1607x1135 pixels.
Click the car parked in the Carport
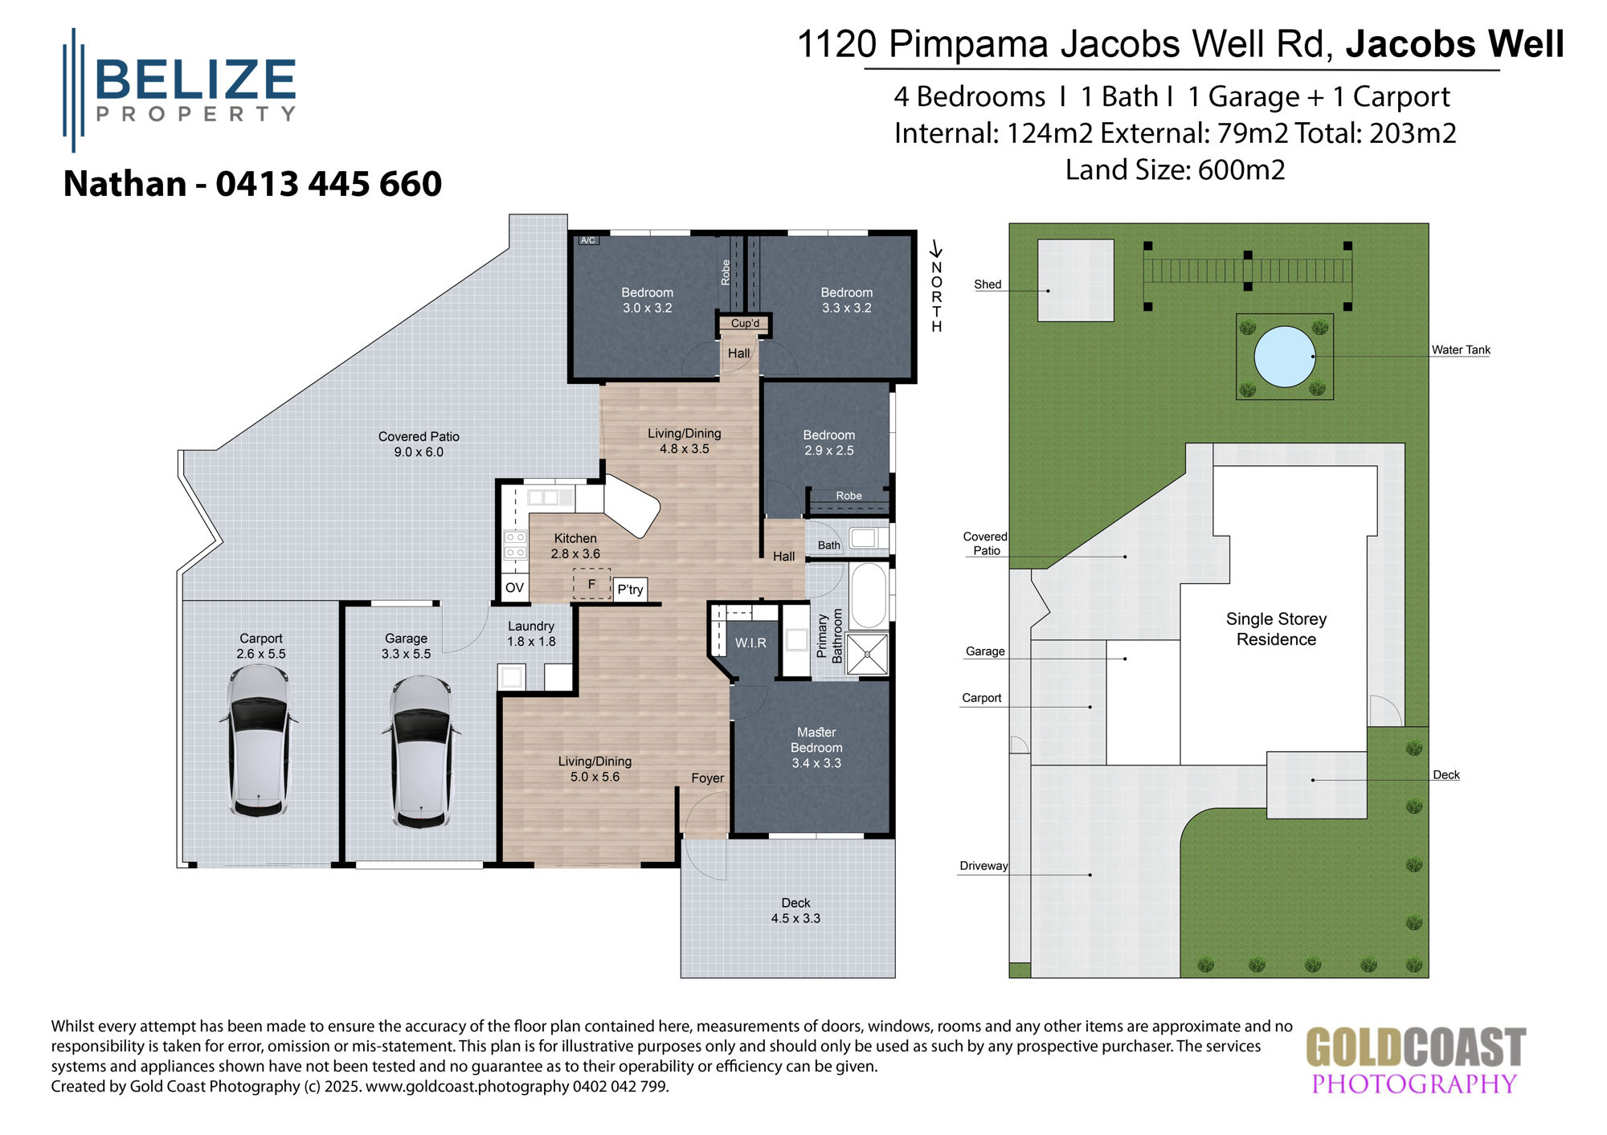pos(258,740)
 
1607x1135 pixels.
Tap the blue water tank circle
pos(1284,356)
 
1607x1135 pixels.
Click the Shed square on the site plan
pos(1075,280)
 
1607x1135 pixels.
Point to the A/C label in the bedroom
pos(588,240)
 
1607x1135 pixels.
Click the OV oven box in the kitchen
pos(514,588)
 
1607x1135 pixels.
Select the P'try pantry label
pos(630,590)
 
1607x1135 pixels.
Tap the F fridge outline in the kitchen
pos(592,584)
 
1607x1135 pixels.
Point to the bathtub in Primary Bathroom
pos(868,595)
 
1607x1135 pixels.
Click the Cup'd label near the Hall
pos(745,323)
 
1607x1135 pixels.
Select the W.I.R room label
pos(750,643)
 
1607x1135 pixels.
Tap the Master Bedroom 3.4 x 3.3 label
pos(816,747)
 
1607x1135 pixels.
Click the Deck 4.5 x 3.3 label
pos(795,911)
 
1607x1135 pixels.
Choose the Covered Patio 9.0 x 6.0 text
pos(419,444)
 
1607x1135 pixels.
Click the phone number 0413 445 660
pos(329,184)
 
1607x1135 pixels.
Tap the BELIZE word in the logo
pos(195,80)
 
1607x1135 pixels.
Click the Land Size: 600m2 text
pos(1175,170)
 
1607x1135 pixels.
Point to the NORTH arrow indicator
pos(936,287)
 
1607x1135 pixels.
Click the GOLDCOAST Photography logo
pos(1415,1060)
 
